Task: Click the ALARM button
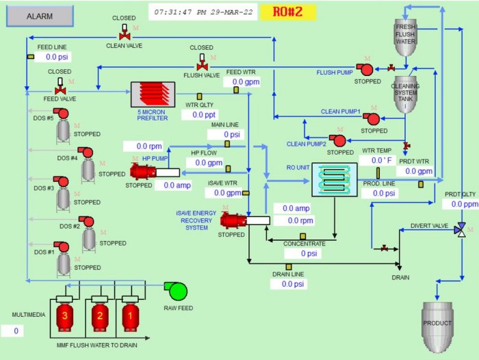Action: point(39,16)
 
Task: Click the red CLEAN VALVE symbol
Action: point(125,32)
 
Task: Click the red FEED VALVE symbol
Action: point(60,87)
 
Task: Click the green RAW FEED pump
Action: point(178,291)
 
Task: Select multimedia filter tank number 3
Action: point(64,316)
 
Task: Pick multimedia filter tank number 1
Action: point(127,316)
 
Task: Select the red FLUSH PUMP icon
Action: point(366,68)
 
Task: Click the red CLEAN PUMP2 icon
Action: point(337,140)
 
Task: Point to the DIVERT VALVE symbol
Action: point(461,229)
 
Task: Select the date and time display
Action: point(203,12)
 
